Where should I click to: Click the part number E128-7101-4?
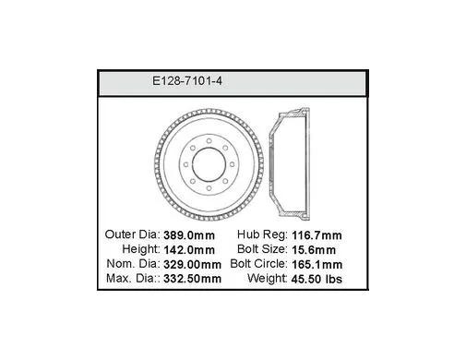pyautogui.click(x=187, y=81)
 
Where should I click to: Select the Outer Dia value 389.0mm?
pyautogui.click(x=189, y=235)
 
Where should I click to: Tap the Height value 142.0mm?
pyautogui.click(x=189, y=250)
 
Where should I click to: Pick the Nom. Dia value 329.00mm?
pyautogui.click(x=192, y=264)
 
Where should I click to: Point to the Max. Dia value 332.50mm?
pyautogui.click(x=192, y=279)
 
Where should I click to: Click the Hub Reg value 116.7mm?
pyautogui.click(x=317, y=235)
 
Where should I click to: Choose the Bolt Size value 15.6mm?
pyautogui.click(x=314, y=250)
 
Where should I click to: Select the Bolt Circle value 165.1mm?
pyautogui.click(x=317, y=264)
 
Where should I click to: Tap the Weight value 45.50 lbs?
pyautogui.click(x=317, y=279)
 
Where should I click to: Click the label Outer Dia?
pyautogui.click(x=133, y=234)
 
